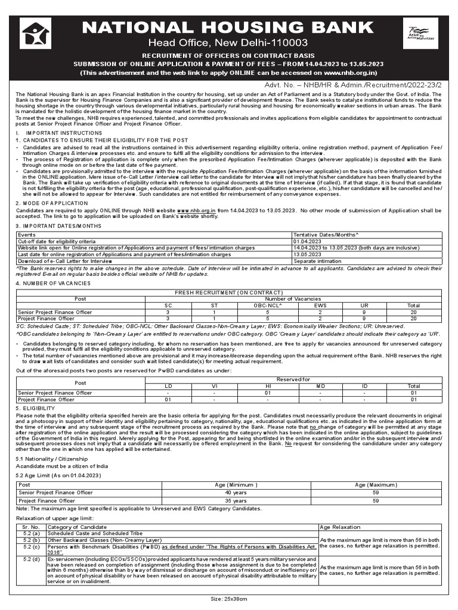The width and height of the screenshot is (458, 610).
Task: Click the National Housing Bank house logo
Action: pyautogui.click(x=35, y=33)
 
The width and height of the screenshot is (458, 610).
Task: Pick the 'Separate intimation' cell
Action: pyautogui.click(x=315, y=261)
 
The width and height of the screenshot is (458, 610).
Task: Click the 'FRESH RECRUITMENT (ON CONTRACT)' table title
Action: pyautogui.click(x=228, y=292)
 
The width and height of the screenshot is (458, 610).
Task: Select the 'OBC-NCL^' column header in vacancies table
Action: pyautogui.click(x=268, y=305)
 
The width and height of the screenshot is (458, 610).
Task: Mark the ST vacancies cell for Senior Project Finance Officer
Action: pyautogui.click(x=213, y=312)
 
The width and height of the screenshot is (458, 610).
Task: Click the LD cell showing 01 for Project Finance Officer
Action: pyautogui.click(x=168, y=399)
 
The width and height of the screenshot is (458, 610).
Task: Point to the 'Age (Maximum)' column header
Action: pyautogui.click(x=376, y=485)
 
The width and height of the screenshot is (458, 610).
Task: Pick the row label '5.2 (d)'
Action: pyautogui.click(x=31, y=559)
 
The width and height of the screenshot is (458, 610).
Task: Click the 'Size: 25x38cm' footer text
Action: pyautogui.click(x=228, y=599)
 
